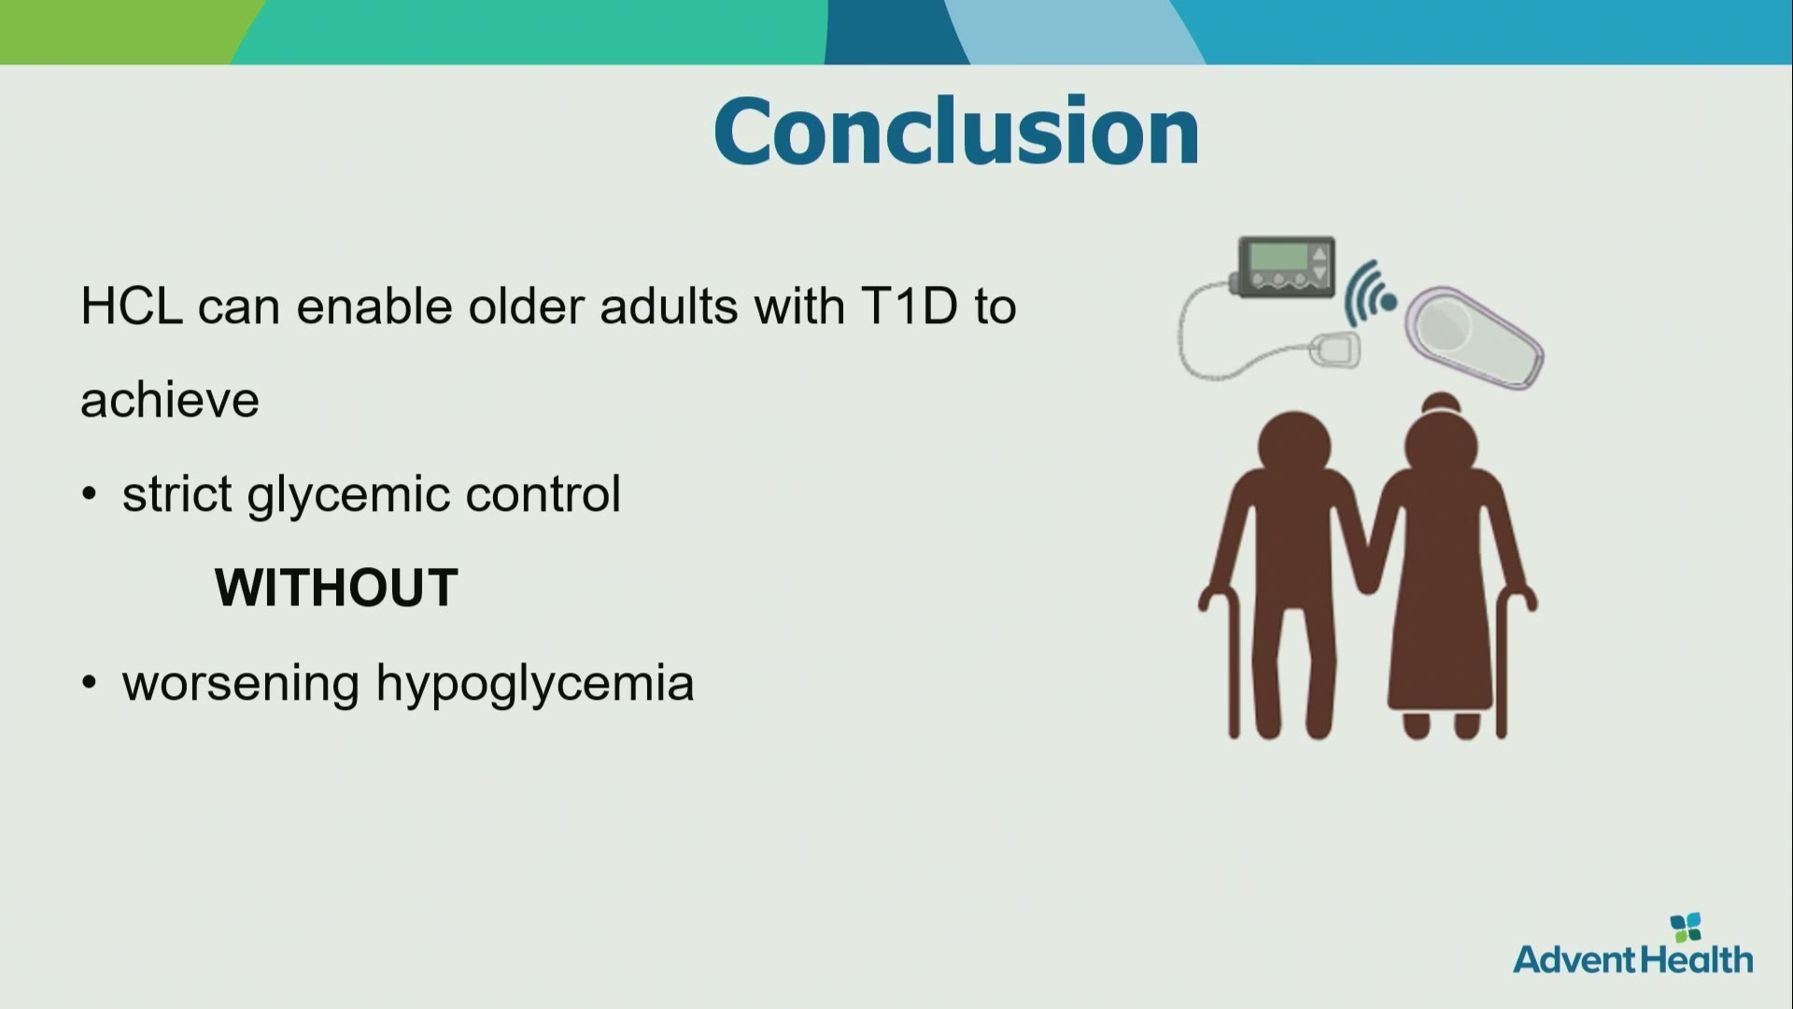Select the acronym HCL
tap(131, 306)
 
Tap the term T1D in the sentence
tap(910, 306)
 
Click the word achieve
tap(170, 400)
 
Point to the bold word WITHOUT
tap(336, 588)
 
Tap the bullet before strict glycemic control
tap(90, 494)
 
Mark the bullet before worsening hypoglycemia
tap(90, 683)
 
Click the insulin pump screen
tap(1278, 256)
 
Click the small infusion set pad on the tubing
tap(1335, 350)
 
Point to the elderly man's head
tap(1294, 446)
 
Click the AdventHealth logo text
tap(1633, 959)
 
